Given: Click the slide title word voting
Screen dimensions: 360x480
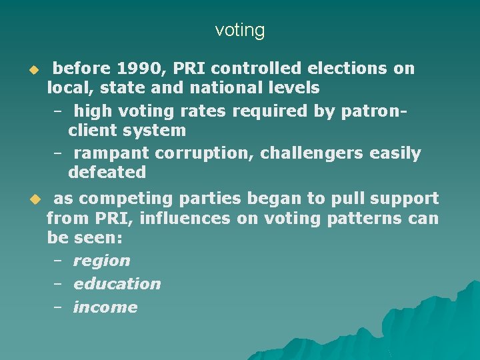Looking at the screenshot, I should point(240,30).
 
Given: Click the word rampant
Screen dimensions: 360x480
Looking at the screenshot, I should point(111,153).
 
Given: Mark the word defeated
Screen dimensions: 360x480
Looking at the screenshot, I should point(107,172).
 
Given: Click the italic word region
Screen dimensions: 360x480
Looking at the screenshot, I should point(101,261).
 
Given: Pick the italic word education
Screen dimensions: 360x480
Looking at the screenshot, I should point(117,284).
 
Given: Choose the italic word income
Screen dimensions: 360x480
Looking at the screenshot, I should point(105,307).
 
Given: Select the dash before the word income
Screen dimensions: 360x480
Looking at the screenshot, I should point(58,307).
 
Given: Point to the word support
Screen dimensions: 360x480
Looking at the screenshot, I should point(405,199).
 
